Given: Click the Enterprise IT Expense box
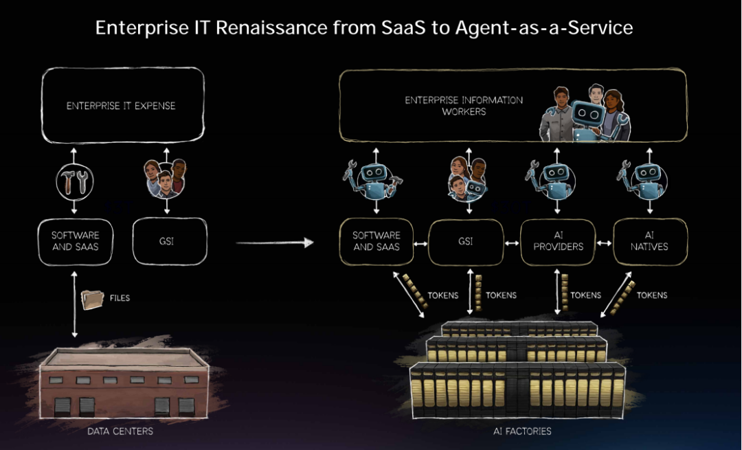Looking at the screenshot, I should coord(122,106).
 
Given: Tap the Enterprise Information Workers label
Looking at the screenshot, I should coord(464,105).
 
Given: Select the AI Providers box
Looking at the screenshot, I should coord(558,242).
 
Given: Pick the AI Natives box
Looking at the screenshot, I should coord(649,242).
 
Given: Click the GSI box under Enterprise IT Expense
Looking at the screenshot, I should coord(170,242).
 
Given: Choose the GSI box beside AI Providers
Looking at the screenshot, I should coord(466,242).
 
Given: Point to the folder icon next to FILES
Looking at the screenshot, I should coord(92,299).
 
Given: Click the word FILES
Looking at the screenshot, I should coord(120,298).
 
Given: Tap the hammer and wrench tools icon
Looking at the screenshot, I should coord(75,181).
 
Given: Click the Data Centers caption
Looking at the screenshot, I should coord(120,431).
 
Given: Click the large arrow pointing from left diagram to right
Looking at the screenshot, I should coord(275,243).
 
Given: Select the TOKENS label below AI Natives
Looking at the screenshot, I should coord(652,295).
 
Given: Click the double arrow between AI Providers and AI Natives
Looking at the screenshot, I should coord(604,243).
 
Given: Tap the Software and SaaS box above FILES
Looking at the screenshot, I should coord(76,242).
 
